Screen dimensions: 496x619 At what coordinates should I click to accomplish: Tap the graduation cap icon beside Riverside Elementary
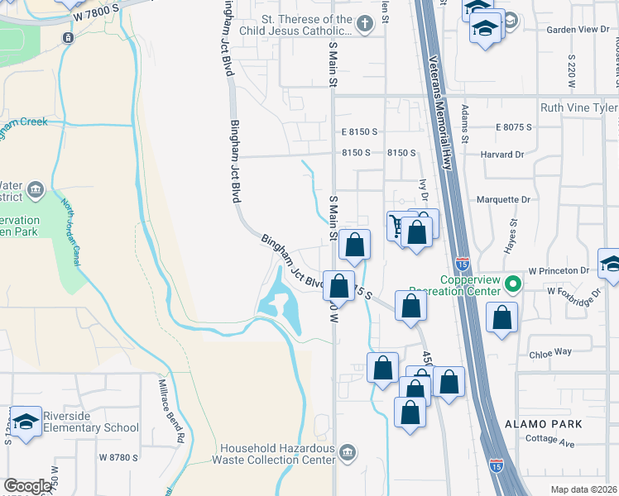[26, 422]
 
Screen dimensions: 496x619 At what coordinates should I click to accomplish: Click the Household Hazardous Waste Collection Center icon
[348, 452]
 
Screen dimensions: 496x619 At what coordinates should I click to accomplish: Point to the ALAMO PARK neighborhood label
[544, 423]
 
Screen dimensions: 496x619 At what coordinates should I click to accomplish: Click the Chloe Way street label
[550, 351]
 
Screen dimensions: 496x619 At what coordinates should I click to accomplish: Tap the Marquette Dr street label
[503, 200]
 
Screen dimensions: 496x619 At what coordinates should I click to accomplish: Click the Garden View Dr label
[578, 29]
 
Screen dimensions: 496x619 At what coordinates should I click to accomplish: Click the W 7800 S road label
[101, 16]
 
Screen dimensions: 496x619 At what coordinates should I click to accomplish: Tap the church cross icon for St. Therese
[365, 25]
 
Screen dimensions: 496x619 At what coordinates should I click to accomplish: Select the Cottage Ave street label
[551, 443]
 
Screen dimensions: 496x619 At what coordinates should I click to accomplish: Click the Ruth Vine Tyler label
[578, 108]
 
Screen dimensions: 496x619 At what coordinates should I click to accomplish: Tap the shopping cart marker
[399, 224]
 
